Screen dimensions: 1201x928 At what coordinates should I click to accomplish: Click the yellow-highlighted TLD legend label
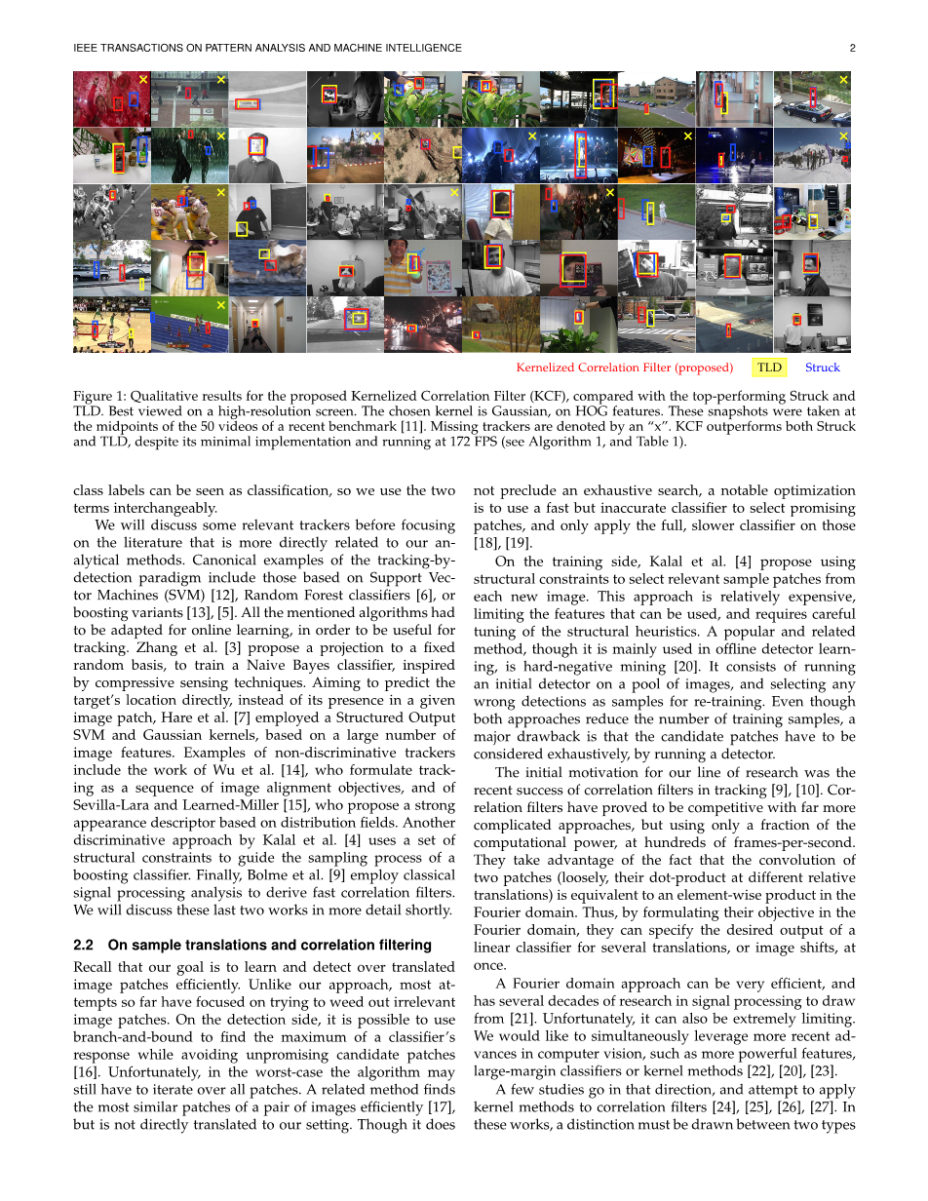pyautogui.click(x=770, y=368)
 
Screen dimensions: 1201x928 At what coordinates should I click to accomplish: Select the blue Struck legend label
pyautogui.click(x=822, y=368)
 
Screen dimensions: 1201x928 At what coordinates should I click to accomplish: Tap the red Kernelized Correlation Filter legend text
pyautogui.click(x=624, y=368)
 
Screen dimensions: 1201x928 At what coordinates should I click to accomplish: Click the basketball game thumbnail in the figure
pyautogui.click(x=111, y=325)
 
